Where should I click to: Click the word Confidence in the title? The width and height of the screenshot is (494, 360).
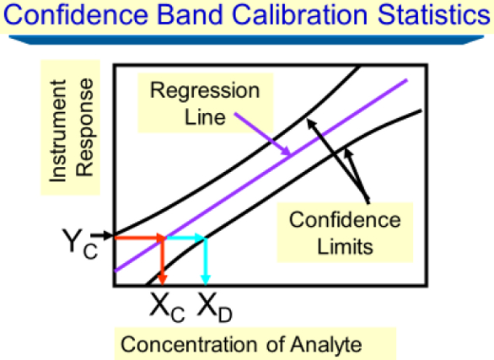(76, 15)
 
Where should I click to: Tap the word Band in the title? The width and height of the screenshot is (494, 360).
(190, 15)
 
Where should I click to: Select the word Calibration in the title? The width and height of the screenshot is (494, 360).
(300, 15)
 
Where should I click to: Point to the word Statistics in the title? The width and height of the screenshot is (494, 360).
(434, 15)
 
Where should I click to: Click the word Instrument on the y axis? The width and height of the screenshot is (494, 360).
(58, 131)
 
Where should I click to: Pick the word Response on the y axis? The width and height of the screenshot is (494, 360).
(85, 127)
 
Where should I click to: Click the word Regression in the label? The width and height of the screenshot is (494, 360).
(205, 91)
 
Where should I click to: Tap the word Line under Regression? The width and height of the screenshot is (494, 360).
(205, 117)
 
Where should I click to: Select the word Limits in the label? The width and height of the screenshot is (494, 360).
(345, 246)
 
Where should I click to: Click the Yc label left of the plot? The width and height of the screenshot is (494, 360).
(80, 244)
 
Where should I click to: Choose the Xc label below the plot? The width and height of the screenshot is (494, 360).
(167, 307)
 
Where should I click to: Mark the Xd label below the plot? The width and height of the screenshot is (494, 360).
(215, 307)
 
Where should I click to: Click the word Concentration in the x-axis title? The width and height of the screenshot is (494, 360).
(189, 344)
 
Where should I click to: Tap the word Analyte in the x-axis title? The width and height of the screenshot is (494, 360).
(326, 344)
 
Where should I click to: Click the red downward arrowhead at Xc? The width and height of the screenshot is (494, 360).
(162, 279)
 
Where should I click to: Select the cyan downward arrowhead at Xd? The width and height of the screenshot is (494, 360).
(206, 279)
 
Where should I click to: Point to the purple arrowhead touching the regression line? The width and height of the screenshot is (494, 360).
(286, 151)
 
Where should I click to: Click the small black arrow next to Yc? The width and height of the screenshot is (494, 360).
(101, 235)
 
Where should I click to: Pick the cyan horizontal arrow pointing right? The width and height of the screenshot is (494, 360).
(185, 238)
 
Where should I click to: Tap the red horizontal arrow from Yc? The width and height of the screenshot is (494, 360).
(140, 238)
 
